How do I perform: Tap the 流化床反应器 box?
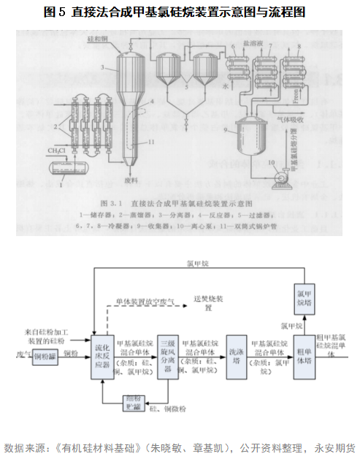click(102, 354)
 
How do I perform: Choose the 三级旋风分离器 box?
click(169, 355)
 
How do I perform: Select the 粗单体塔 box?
click(303, 355)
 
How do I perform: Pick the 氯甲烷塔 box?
click(304, 294)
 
